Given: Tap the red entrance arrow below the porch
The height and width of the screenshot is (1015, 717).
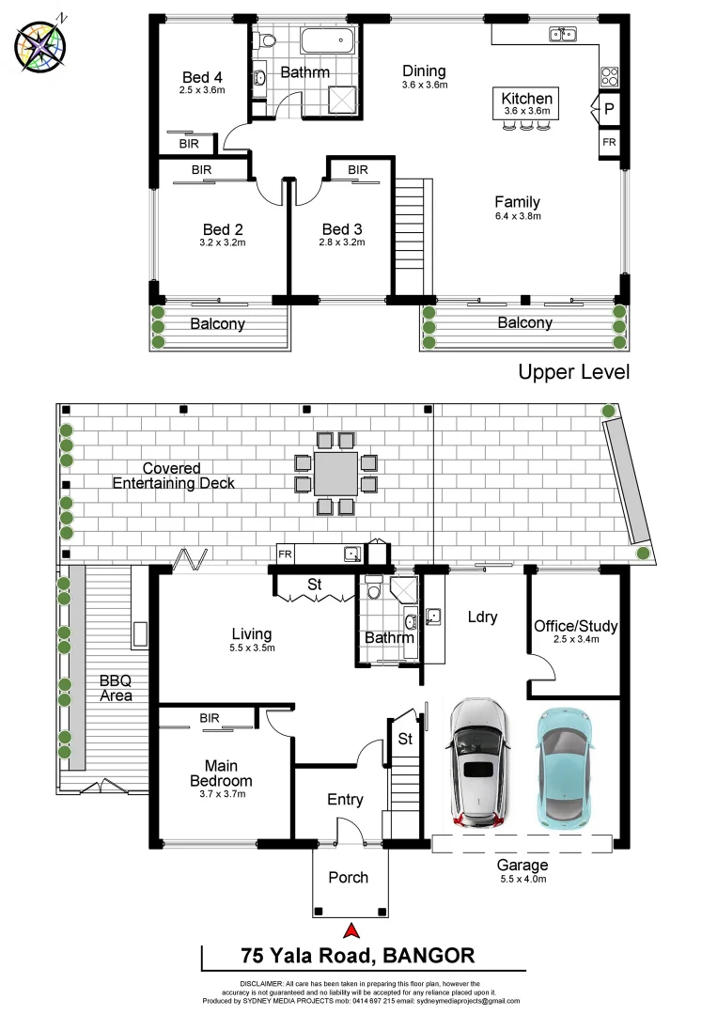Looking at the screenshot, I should pos(351,930).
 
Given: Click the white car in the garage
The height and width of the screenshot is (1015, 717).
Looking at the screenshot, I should pos(478,763).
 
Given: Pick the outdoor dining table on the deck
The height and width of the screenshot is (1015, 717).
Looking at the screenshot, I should pos(335,473).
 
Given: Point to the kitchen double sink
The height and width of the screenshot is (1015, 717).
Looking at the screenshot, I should pos(563,35).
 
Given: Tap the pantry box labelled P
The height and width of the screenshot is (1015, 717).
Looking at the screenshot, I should pos(609,110).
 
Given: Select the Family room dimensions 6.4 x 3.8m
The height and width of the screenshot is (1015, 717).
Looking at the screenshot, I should pos(518,216).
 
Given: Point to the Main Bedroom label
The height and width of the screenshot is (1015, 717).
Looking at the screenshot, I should pos(222,773).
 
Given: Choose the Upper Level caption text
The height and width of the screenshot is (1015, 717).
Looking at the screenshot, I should pos(573,372).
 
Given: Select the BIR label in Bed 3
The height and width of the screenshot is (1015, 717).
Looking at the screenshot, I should pos(358,170).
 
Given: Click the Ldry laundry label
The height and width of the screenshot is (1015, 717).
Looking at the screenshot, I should pos(481,617).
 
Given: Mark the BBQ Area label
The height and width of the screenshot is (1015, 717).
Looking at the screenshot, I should pos(117,688).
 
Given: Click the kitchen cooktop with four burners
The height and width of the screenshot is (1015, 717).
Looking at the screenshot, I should pos(609,77).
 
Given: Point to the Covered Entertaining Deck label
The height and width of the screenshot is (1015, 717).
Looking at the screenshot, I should pos(173,476).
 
